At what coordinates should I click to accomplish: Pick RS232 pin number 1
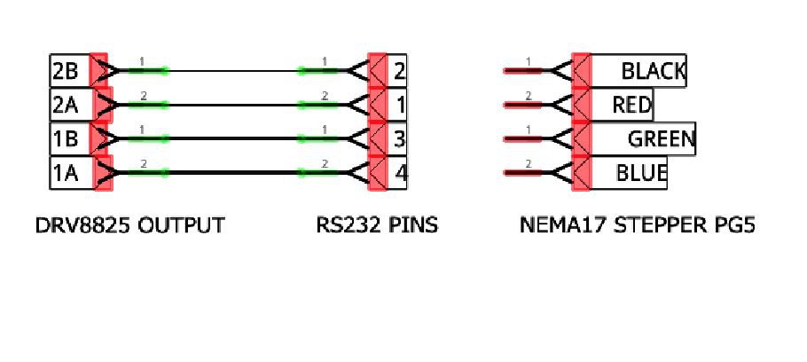coord(399,106)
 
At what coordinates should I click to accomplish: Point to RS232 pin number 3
coord(399,139)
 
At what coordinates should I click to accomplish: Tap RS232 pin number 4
coord(399,173)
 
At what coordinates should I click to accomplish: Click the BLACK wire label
coord(652,71)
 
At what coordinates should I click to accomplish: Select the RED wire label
coord(631,106)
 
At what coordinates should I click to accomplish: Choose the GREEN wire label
coord(660,139)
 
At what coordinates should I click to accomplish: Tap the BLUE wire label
coord(640,173)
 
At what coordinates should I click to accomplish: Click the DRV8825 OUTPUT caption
coord(129,225)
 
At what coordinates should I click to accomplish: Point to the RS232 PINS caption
coord(377,225)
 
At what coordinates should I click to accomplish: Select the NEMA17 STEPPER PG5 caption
coord(637,225)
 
